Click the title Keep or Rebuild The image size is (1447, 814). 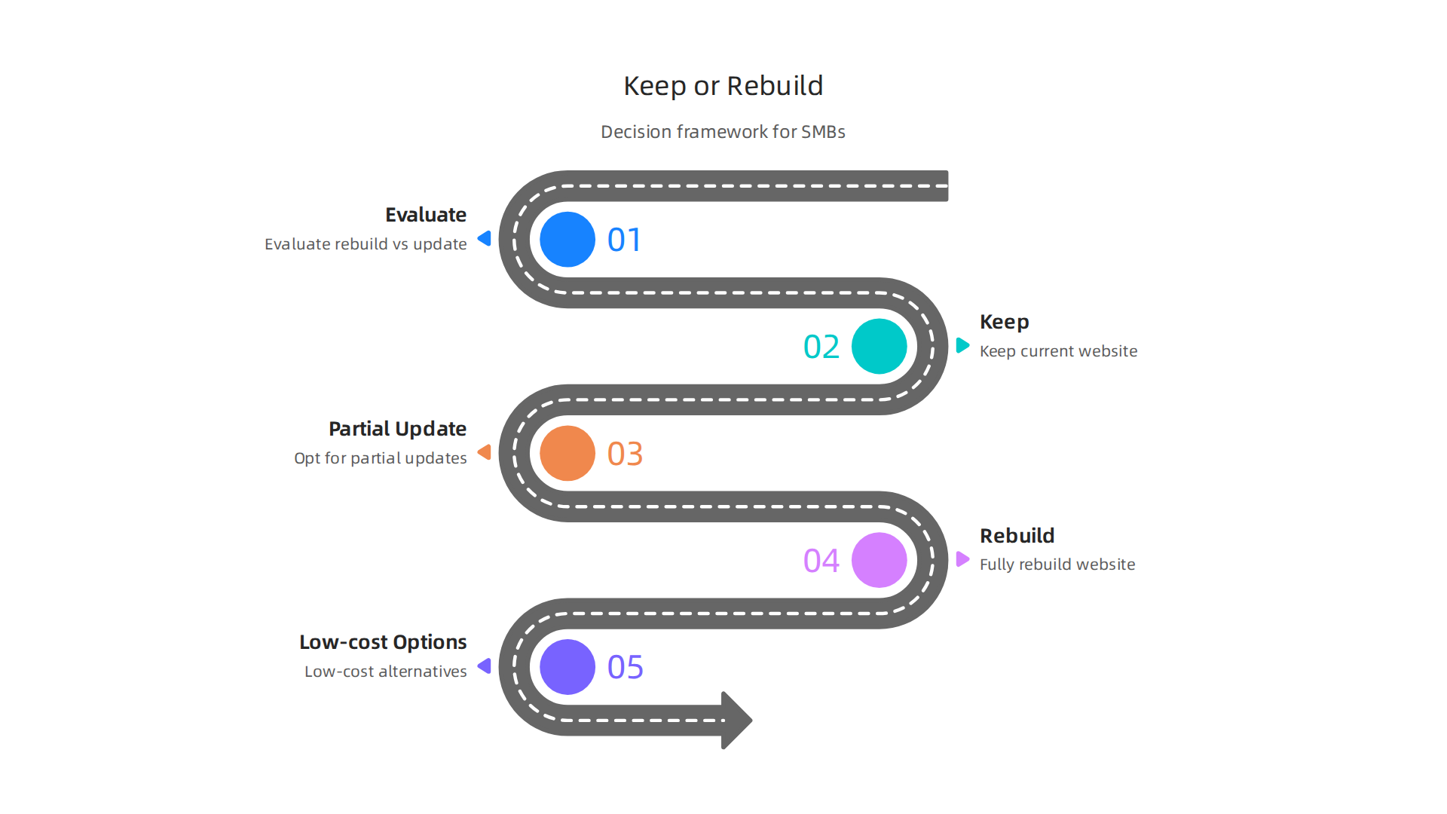pos(723,86)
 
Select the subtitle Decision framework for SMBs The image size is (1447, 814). pos(723,132)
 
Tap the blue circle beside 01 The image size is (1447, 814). pos(567,240)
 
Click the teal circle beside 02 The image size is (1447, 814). pos(879,347)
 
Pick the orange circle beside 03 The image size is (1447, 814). pos(567,454)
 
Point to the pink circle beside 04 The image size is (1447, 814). pos(879,560)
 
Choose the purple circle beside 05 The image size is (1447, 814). pos(567,667)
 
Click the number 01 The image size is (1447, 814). pos(625,240)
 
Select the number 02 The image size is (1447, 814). pos(821,347)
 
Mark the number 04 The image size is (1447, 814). pos(821,561)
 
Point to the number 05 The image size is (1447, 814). pos(625,668)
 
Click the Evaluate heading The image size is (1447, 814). pos(426,215)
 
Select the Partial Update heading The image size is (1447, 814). pos(397,429)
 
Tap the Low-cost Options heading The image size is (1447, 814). pos(383,642)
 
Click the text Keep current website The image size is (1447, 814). pos(1058,351)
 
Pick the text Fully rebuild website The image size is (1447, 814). pos(1057,565)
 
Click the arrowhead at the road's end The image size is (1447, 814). pos(736,720)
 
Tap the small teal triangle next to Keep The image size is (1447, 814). pos(962,345)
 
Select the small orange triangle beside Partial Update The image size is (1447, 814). pos(485,452)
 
